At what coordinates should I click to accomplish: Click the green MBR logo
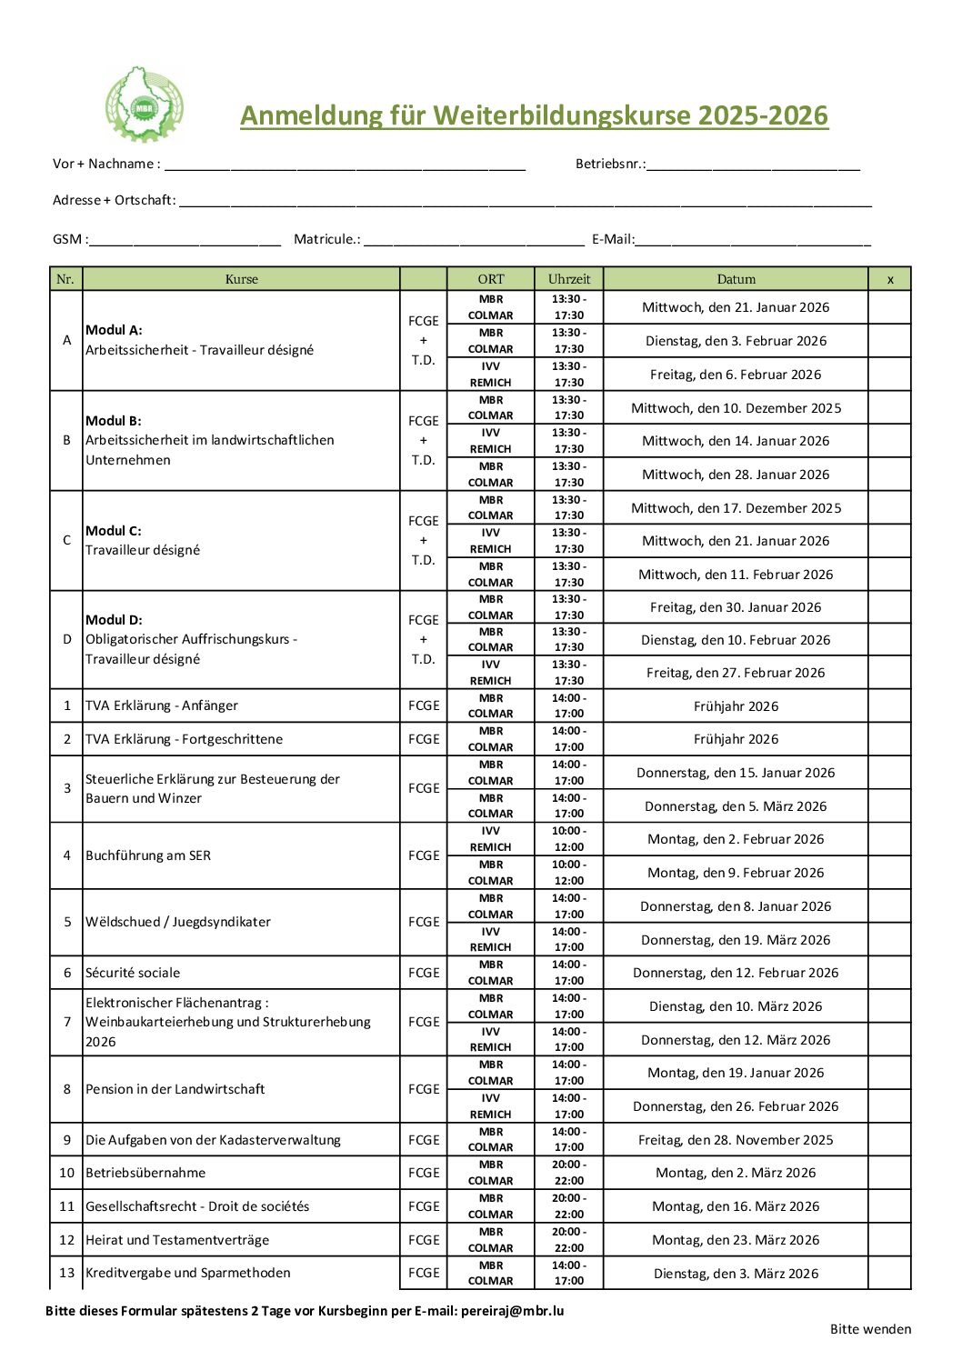144,105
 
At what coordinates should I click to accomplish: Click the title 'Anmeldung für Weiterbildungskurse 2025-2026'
534,115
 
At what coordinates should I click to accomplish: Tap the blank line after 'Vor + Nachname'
345,165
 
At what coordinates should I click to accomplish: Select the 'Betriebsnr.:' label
610,164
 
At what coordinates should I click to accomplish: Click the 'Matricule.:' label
326,239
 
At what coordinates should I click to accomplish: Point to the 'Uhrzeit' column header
569,279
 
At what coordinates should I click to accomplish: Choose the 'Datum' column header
736,279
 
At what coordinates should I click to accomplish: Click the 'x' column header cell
890,279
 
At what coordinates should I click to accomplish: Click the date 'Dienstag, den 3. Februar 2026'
736,341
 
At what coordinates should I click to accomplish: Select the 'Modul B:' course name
114,421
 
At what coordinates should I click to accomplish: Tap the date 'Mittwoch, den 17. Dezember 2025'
736,508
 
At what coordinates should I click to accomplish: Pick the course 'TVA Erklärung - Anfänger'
162,705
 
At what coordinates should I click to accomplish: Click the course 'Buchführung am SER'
148,855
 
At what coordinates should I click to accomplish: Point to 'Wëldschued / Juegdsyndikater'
178,922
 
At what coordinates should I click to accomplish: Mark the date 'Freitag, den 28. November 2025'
736,1140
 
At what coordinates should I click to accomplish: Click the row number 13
66,1273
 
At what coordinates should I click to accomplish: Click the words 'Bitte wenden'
870,1329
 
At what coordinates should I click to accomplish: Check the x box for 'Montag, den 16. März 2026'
890,1206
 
